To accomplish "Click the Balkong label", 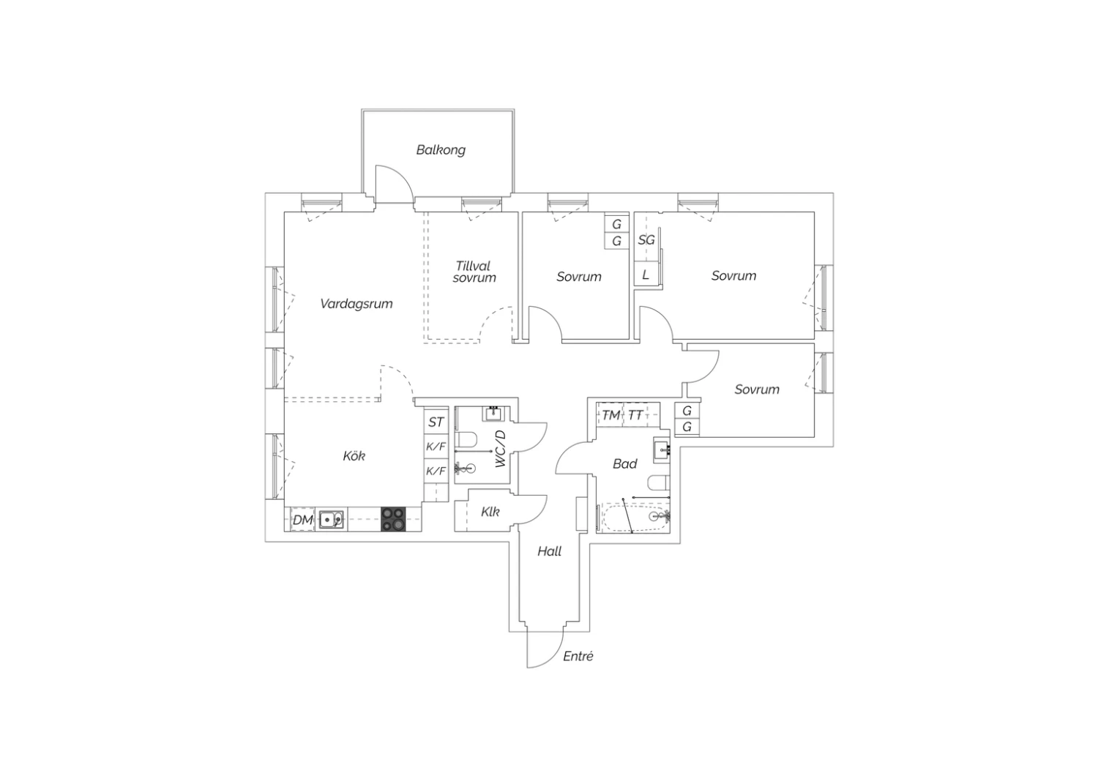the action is [x=441, y=150].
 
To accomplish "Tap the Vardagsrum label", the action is [x=356, y=304].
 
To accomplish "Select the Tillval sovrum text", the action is [x=474, y=272].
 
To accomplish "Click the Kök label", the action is [x=354, y=456].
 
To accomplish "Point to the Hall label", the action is [x=550, y=551].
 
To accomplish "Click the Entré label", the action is [x=578, y=657].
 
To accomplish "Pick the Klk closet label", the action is [x=490, y=512].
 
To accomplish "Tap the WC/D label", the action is [x=500, y=449].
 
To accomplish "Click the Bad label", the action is [x=625, y=463].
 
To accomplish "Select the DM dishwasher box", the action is [x=302, y=520].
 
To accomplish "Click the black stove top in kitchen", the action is [x=394, y=519].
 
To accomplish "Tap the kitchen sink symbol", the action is [x=332, y=520].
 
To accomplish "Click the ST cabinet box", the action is [x=436, y=422].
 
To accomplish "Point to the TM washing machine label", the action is [x=610, y=416].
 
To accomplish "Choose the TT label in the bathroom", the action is [x=635, y=416].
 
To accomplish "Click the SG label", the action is [x=646, y=240].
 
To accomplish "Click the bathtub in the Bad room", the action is [x=634, y=518].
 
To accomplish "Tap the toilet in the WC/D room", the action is [x=467, y=440].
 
